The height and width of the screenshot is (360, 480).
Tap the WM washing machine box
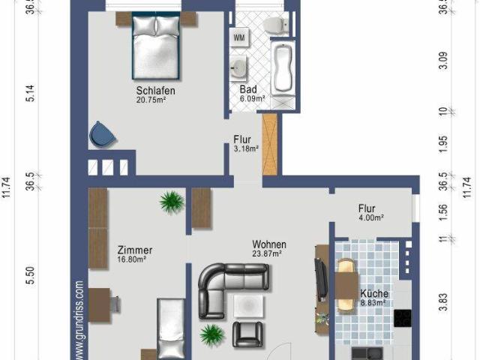tap(239, 37)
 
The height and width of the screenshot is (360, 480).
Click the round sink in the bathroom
tap(239, 68)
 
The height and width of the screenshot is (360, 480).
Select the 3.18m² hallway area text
tap(245, 148)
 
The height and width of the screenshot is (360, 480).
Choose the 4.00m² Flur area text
tap(370, 218)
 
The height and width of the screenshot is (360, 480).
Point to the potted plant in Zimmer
tap(172, 201)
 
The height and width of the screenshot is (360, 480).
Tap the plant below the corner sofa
tap(211, 332)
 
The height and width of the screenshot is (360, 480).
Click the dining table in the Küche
tap(346, 285)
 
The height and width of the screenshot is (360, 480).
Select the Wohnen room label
tap(268, 244)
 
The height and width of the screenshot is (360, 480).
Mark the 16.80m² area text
tap(131, 260)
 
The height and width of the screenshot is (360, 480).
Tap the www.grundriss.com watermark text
tap(79, 319)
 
